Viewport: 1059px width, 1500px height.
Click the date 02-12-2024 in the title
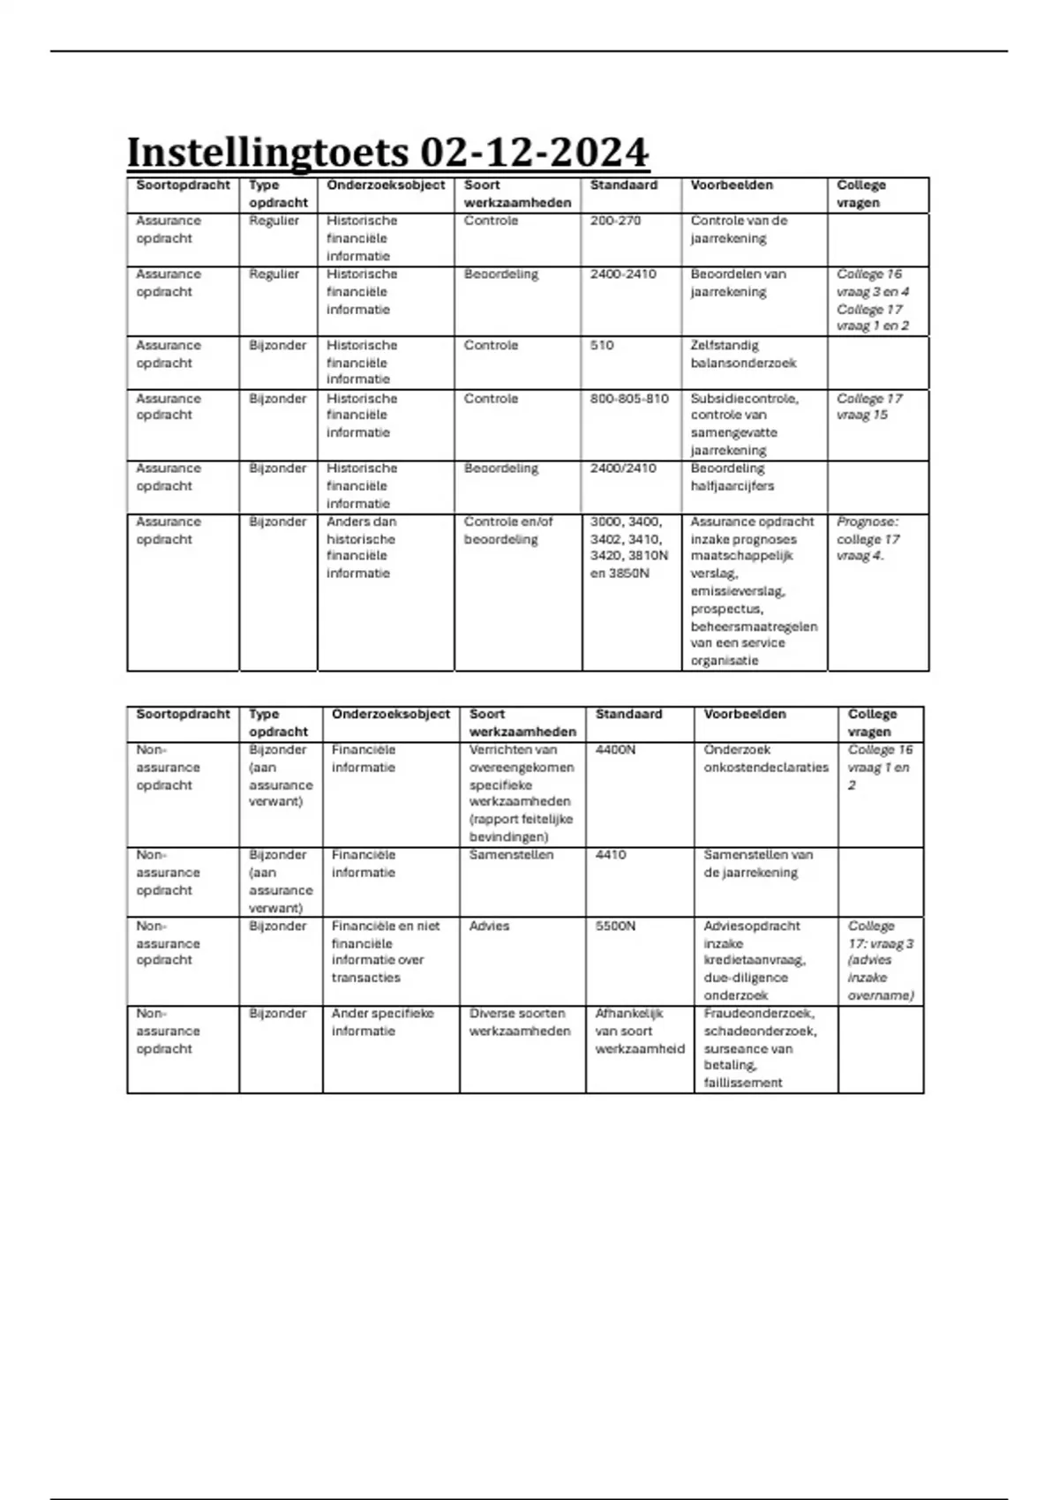click(534, 153)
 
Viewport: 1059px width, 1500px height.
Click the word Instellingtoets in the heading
click(267, 153)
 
